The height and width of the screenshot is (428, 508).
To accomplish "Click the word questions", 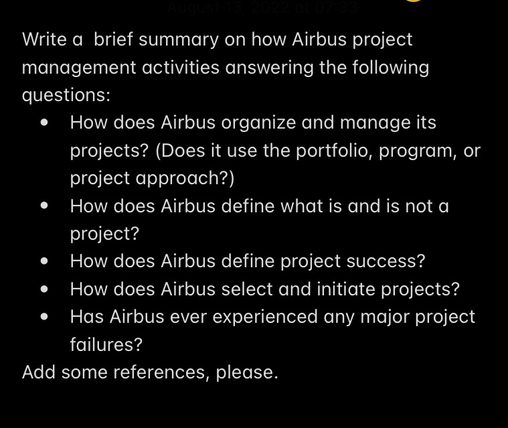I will [66, 95].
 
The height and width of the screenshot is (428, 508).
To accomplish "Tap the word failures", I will [106, 345].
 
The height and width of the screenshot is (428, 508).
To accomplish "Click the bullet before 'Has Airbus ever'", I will [44, 317].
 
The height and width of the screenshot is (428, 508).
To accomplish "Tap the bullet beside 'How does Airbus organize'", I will [44, 123].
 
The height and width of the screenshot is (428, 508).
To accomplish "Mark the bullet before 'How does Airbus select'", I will [44, 289].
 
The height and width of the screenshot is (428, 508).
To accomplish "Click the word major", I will [364, 317].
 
